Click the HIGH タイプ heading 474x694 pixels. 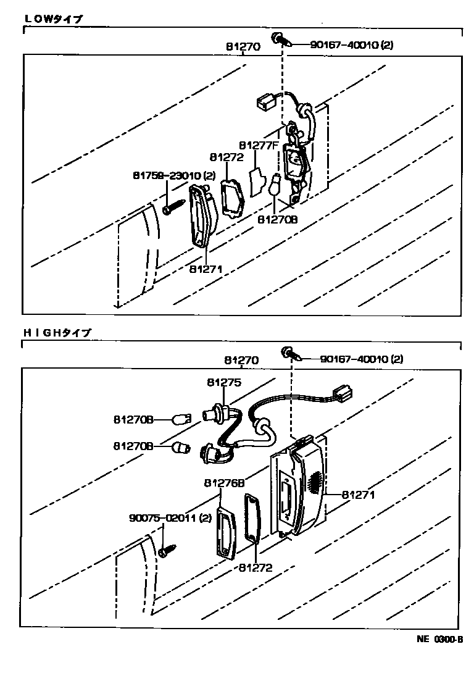point(57,332)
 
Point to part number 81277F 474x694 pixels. point(259,145)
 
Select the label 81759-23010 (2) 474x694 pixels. point(174,176)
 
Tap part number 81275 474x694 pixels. point(223,383)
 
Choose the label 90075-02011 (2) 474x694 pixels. point(170,518)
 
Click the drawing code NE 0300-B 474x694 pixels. point(439,640)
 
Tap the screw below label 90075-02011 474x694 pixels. point(167,550)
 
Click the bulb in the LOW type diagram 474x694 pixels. point(276,184)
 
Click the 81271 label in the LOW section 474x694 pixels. point(206,269)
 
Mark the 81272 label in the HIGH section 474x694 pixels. point(255,567)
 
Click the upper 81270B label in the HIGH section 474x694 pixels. point(133,420)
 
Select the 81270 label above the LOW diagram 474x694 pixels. point(243,46)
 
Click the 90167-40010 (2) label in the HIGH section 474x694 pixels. point(362,359)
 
